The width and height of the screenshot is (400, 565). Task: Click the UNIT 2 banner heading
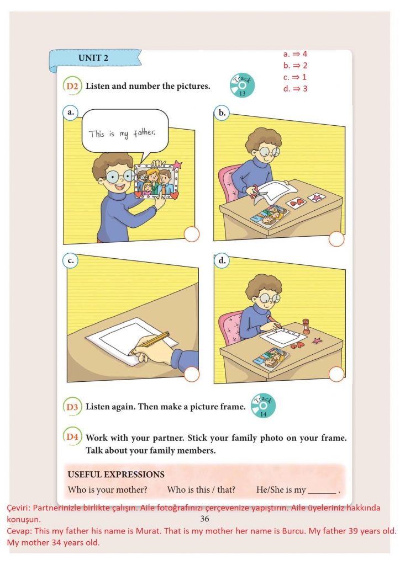coord(93,58)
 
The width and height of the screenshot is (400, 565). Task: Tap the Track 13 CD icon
coord(242,86)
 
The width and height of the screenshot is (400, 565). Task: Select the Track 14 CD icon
coord(264,406)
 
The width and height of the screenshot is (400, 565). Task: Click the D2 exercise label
coord(72,86)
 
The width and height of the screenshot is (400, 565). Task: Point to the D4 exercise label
coord(72,437)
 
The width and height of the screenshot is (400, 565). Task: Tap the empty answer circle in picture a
coord(192,234)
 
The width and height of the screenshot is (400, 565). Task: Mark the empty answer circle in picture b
coord(336,239)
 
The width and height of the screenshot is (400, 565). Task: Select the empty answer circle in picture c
coord(192,374)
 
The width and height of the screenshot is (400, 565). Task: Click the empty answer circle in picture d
coord(336,374)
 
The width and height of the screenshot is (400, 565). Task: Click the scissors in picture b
coord(257,193)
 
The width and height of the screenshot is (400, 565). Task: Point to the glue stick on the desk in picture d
coord(306,326)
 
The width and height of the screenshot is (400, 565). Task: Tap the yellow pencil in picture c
coord(149,344)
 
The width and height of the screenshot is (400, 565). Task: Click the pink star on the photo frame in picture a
coord(177,165)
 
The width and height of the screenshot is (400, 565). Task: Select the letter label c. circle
coord(70,260)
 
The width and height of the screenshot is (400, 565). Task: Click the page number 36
coord(204,519)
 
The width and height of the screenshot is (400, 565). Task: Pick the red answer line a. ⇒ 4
coord(295,54)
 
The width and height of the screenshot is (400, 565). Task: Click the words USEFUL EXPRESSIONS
coord(116,474)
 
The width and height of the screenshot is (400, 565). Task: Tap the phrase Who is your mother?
coord(108,490)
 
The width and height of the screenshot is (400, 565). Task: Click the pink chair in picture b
coord(229,184)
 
